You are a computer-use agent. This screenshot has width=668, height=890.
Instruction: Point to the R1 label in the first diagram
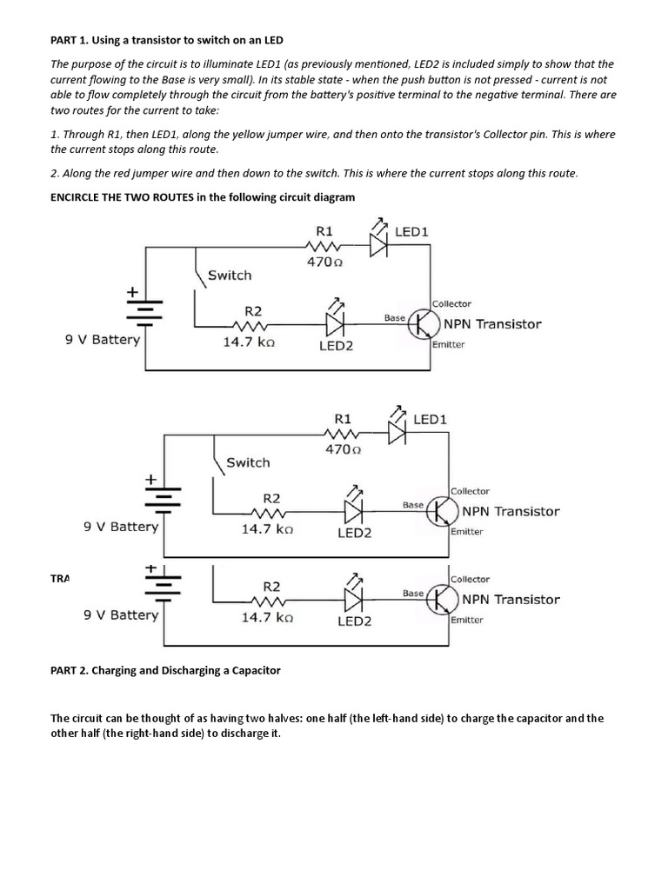click(324, 231)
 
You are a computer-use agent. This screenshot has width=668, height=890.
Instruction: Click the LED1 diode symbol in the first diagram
click(378, 245)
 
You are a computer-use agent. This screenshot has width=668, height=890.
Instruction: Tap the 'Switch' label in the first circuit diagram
click(230, 275)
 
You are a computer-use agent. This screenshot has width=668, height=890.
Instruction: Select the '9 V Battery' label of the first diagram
click(103, 340)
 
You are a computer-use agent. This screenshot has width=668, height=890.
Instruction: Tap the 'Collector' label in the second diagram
click(471, 491)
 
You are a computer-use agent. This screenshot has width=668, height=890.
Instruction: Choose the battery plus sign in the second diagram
click(150, 478)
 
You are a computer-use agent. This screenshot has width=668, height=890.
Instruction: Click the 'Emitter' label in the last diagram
click(467, 620)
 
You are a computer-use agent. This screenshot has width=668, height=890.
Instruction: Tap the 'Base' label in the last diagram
click(413, 593)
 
